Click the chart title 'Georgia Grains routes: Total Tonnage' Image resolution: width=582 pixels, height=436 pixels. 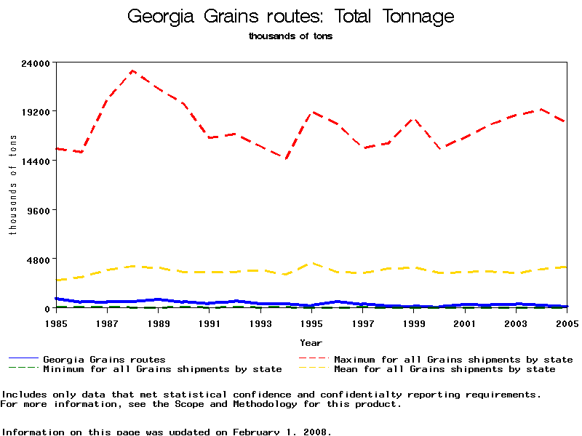pos(290,17)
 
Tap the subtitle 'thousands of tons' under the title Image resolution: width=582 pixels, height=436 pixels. pos(290,36)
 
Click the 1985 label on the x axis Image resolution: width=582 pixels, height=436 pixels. pos(56,323)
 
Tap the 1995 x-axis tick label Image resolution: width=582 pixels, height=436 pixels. pos(311,323)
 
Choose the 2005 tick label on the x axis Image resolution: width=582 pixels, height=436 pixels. pos(567,323)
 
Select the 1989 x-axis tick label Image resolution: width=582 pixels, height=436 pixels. pos(158,323)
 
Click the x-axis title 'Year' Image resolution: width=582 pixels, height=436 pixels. pos(311,342)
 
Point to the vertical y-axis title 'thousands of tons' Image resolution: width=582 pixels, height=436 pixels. pos(12,185)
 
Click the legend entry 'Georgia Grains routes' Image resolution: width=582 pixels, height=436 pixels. pos(104,360)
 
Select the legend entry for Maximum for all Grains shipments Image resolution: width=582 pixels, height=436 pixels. pos(453,360)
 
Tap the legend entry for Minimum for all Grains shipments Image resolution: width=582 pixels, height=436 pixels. pos(162,369)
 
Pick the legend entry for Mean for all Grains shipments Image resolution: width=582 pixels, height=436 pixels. pos(445,369)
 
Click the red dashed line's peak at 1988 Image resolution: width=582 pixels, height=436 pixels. pos(132,70)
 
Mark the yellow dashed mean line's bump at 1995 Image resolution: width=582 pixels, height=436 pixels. pos(311,263)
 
